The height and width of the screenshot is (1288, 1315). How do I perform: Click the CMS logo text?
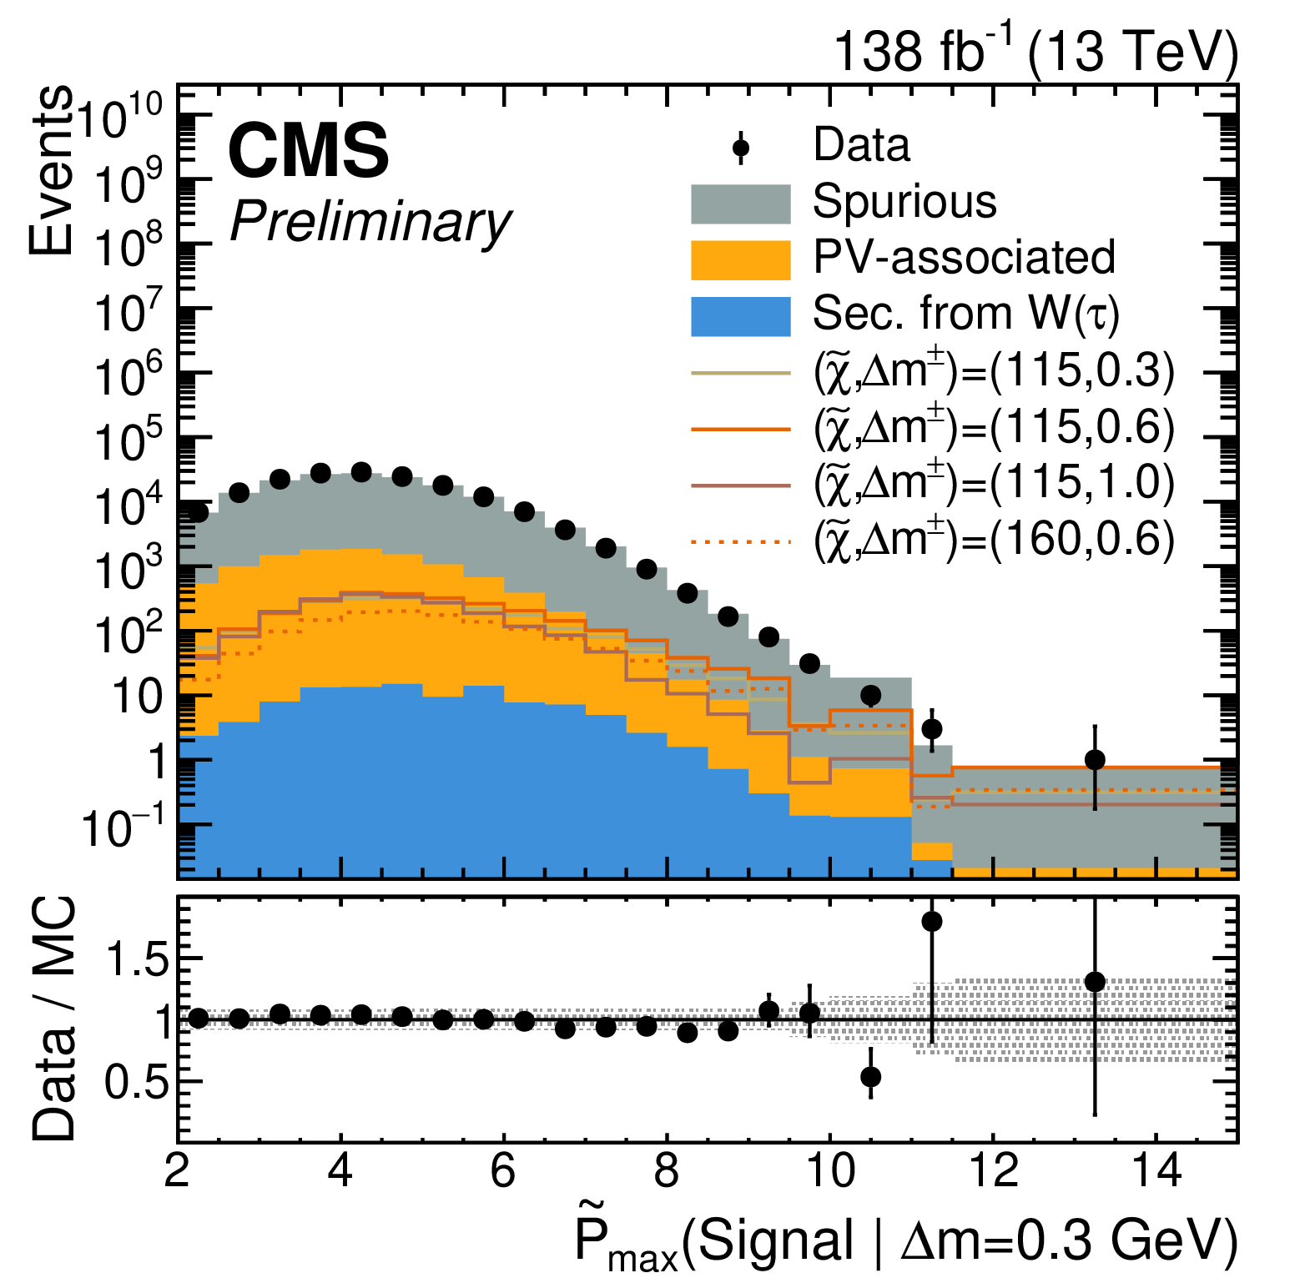pyautogui.click(x=308, y=151)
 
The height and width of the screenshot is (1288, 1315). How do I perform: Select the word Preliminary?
pyautogui.click(x=370, y=223)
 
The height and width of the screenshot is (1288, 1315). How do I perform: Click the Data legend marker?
pyautogui.click(x=740, y=148)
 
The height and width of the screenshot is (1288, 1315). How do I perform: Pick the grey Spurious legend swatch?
pyautogui.click(x=740, y=204)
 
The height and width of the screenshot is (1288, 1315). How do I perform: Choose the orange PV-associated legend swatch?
pyautogui.click(x=740, y=259)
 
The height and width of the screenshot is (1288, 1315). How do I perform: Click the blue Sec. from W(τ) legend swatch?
pyautogui.click(x=740, y=316)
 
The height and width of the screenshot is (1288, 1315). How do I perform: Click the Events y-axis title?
pyautogui.click(x=50, y=170)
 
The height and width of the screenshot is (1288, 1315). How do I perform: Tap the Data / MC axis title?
pyautogui.click(x=53, y=1019)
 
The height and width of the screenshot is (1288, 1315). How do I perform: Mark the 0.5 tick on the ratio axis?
pyautogui.click(x=136, y=1082)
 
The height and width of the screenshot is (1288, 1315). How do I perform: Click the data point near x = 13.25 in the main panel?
pyautogui.click(x=1095, y=760)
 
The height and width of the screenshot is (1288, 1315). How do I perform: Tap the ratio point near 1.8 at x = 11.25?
pyautogui.click(x=932, y=922)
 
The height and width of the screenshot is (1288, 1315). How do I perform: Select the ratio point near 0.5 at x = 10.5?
pyautogui.click(x=870, y=1077)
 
